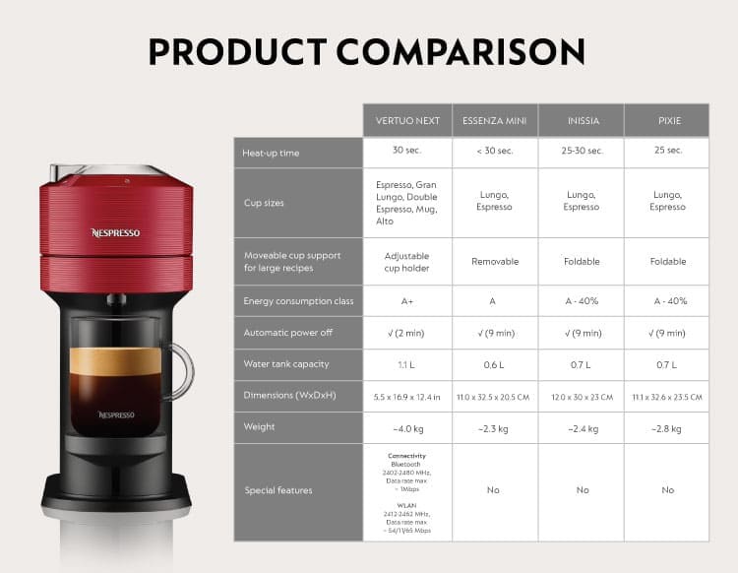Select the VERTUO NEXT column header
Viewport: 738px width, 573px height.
(x=407, y=121)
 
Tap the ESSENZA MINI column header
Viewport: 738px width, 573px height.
(x=494, y=121)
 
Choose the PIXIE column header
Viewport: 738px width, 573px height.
(x=668, y=121)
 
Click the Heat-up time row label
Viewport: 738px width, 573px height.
(x=271, y=153)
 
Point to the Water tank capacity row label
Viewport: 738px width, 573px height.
(x=284, y=364)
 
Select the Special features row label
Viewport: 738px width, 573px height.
(x=278, y=490)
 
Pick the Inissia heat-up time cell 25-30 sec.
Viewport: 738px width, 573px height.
(x=582, y=151)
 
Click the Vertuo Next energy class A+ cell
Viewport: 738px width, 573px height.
(x=407, y=301)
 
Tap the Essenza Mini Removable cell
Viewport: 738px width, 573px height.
(x=495, y=262)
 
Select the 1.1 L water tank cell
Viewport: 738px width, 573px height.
(x=407, y=364)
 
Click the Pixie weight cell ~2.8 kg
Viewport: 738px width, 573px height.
(x=668, y=427)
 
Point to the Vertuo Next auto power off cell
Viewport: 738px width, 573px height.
(x=407, y=333)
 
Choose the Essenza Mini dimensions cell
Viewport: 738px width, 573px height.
(x=495, y=397)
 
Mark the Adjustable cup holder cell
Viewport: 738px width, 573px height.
(x=407, y=262)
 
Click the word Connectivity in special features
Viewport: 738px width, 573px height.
(x=406, y=457)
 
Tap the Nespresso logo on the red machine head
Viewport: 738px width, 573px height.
(x=115, y=233)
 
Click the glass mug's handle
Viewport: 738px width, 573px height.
(x=180, y=369)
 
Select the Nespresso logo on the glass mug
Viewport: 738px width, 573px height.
(x=115, y=414)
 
